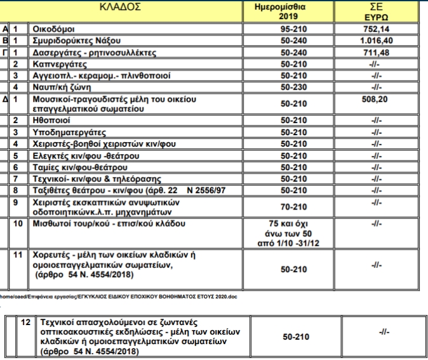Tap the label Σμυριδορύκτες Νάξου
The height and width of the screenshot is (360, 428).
(74, 41)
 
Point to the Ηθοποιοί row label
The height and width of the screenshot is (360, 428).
(53, 120)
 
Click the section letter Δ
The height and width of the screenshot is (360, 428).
(5, 100)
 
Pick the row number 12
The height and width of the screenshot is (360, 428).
(25, 323)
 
